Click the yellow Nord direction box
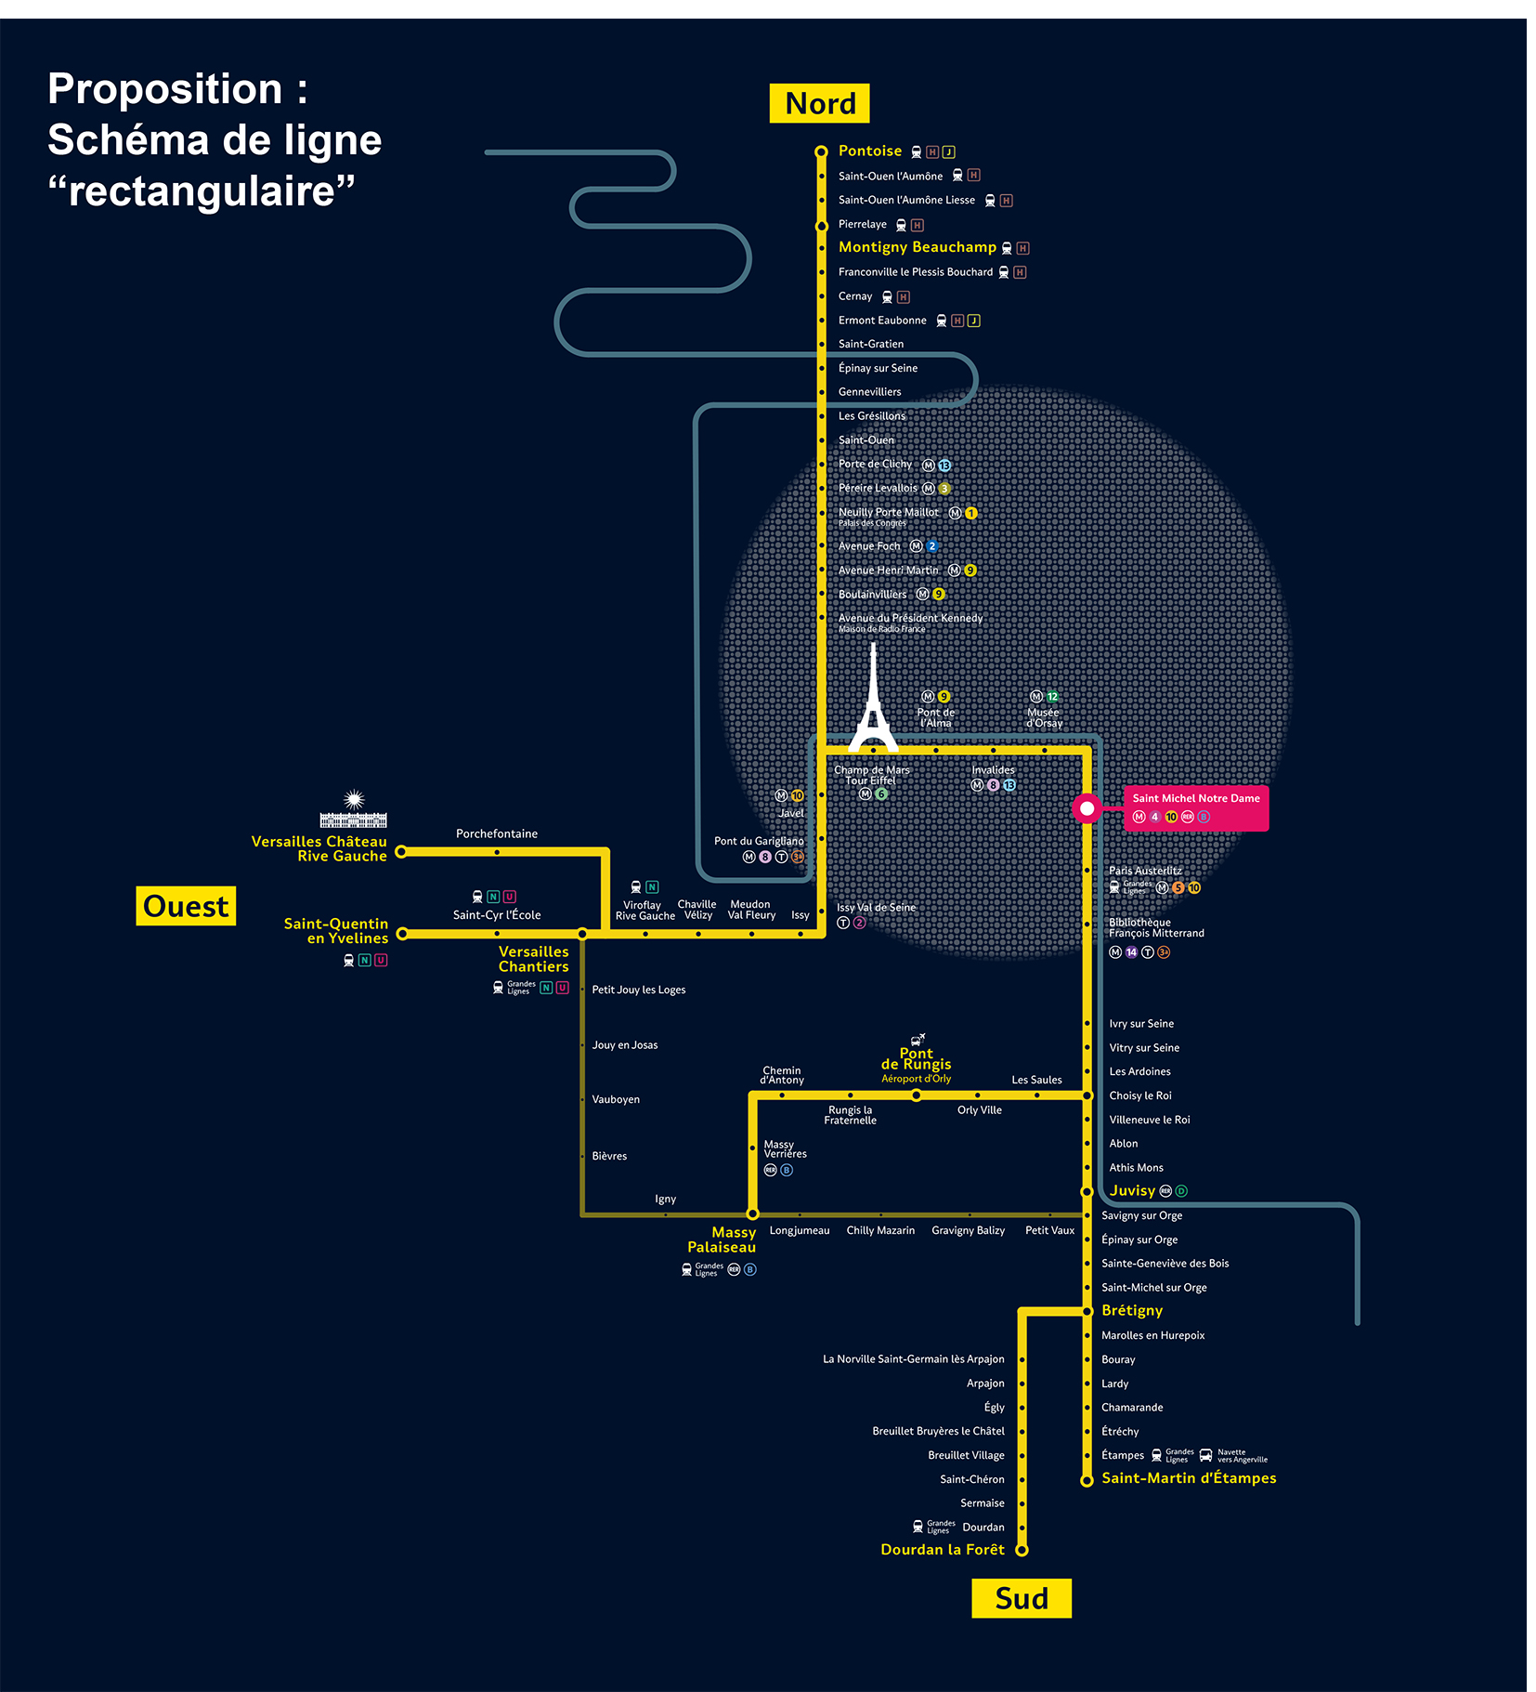click(x=819, y=103)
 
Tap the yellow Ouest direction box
click(x=186, y=906)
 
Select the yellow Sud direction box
click(x=1021, y=1598)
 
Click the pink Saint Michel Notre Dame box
click(x=1195, y=807)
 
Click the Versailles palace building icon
click(x=353, y=812)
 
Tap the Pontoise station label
click(x=869, y=151)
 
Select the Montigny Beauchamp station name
click(x=917, y=247)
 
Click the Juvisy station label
click(x=1132, y=1190)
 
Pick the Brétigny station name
click(x=1131, y=1310)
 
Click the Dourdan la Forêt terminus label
click(x=942, y=1549)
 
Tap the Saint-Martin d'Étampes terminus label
click(x=1188, y=1478)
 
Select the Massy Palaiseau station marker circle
click(x=752, y=1213)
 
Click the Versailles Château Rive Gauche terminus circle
click(x=401, y=851)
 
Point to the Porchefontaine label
click(x=496, y=833)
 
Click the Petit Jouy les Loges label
click(x=638, y=990)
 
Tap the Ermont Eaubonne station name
click(x=881, y=321)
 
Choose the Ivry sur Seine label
click(x=1140, y=1024)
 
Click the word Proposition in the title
click(x=165, y=89)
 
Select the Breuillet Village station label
click(x=965, y=1455)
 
